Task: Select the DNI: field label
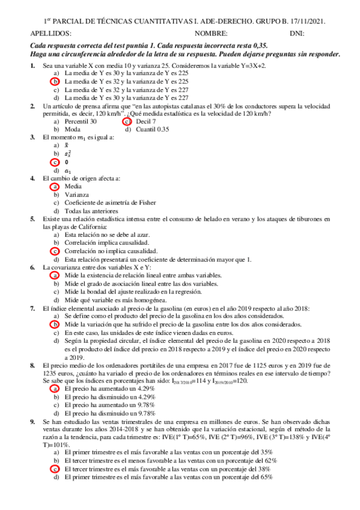(296, 34)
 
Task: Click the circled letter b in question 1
(55, 81)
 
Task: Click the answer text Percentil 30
(81, 121)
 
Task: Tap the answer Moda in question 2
(73, 129)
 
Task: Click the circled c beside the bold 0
(55, 162)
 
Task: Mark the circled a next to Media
(55, 186)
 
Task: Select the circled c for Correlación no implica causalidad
(55, 251)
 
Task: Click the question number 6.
(32, 266)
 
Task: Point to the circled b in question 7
(55, 324)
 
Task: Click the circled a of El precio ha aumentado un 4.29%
(55, 389)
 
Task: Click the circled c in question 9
(55, 469)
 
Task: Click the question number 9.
(32, 422)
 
